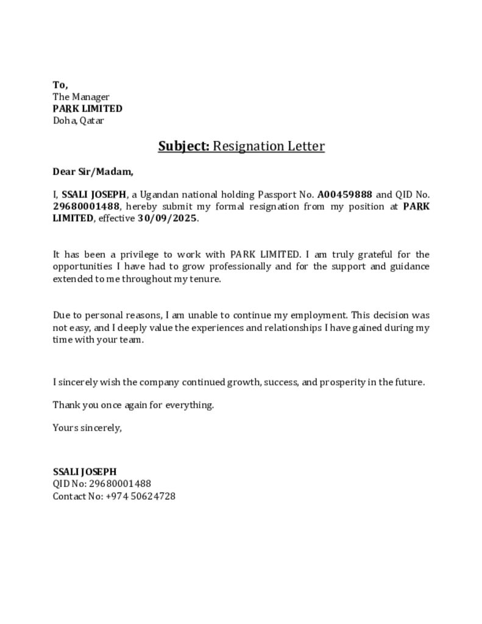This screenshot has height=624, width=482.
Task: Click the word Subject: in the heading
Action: point(184,146)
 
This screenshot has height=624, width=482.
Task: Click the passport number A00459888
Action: point(345,194)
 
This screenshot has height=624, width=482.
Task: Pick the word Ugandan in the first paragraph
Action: point(158,194)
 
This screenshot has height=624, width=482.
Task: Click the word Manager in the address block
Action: point(90,96)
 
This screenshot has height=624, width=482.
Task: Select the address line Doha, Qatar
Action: point(78,120)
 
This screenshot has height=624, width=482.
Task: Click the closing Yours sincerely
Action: point(87,427)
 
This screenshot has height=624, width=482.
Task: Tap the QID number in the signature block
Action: point(120,484)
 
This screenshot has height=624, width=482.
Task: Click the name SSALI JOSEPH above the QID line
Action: point(85,472)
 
